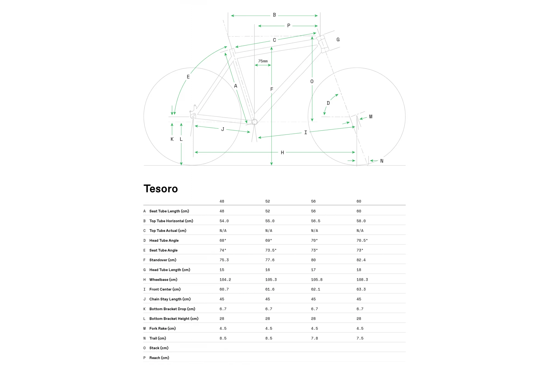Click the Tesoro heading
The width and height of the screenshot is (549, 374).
coord(161,189)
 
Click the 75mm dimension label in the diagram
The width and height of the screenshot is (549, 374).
coord(263,61)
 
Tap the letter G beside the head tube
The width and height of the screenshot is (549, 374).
coord(338,40)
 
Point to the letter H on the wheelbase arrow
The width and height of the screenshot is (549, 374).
coord(282,153)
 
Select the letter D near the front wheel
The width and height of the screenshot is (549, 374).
coord(328,103)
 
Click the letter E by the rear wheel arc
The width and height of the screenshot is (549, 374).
coord(188,77)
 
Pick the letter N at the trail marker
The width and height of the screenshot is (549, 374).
coord(382,161)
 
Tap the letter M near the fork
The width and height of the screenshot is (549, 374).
coord(371,117)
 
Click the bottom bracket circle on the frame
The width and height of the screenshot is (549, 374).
coord(255,122)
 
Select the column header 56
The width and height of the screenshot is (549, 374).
coord(313,201)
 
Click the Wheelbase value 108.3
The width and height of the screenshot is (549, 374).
coord(362,280)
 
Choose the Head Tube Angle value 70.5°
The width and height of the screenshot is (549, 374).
coord(362,240)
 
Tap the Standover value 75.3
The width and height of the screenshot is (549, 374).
coord(224,260)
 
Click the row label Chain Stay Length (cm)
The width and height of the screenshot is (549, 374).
coord(170,299)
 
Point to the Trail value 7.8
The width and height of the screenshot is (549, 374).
coord(314,338)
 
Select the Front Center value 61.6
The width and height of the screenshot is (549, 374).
coord(270,289)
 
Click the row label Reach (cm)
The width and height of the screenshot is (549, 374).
coord(159,358)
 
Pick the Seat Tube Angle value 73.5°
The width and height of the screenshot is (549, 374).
coord(271,250)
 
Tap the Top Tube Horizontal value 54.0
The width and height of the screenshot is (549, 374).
coord(224,221)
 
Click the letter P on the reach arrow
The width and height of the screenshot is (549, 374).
coord(289,26)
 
